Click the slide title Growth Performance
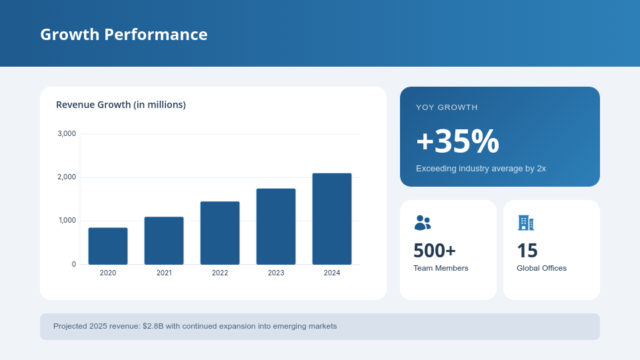pyautogui.click(x=123, y=34)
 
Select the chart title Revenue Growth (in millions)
pyautogui.click(x=121, y=105)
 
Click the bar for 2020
pyautogui.click(x=108, y=246)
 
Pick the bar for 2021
pyautogui.click(x=164, y=241)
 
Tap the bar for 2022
pyautogui.click(x=220, y=233)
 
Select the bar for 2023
pyautogui.click(x=276, y=227)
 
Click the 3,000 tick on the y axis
pyautogui.click(x=67, y=134)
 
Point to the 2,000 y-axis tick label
pyautogui.click(x=67, y=177)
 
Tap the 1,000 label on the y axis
pyautogui.click(x=67, y=221)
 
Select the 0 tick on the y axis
pyautogui.click(x=74, y=265)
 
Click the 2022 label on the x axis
pyautogui.click(x=220, y=273)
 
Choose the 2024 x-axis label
pyautogui.click(x=332, y=273)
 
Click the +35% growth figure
pyautogui.click(x=457, y=141)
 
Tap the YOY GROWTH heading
pyautogui.click(x=447, y=107)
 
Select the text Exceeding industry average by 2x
pyautogui.click(x=481, y=169)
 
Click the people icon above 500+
pyautogui.click(x=422, y=223)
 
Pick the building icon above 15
pyautogui.click(x=525, y=223)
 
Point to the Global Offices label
pyautogui.click(x=541, y=268)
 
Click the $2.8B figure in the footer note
pyautogui.click(x=153, y=326)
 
